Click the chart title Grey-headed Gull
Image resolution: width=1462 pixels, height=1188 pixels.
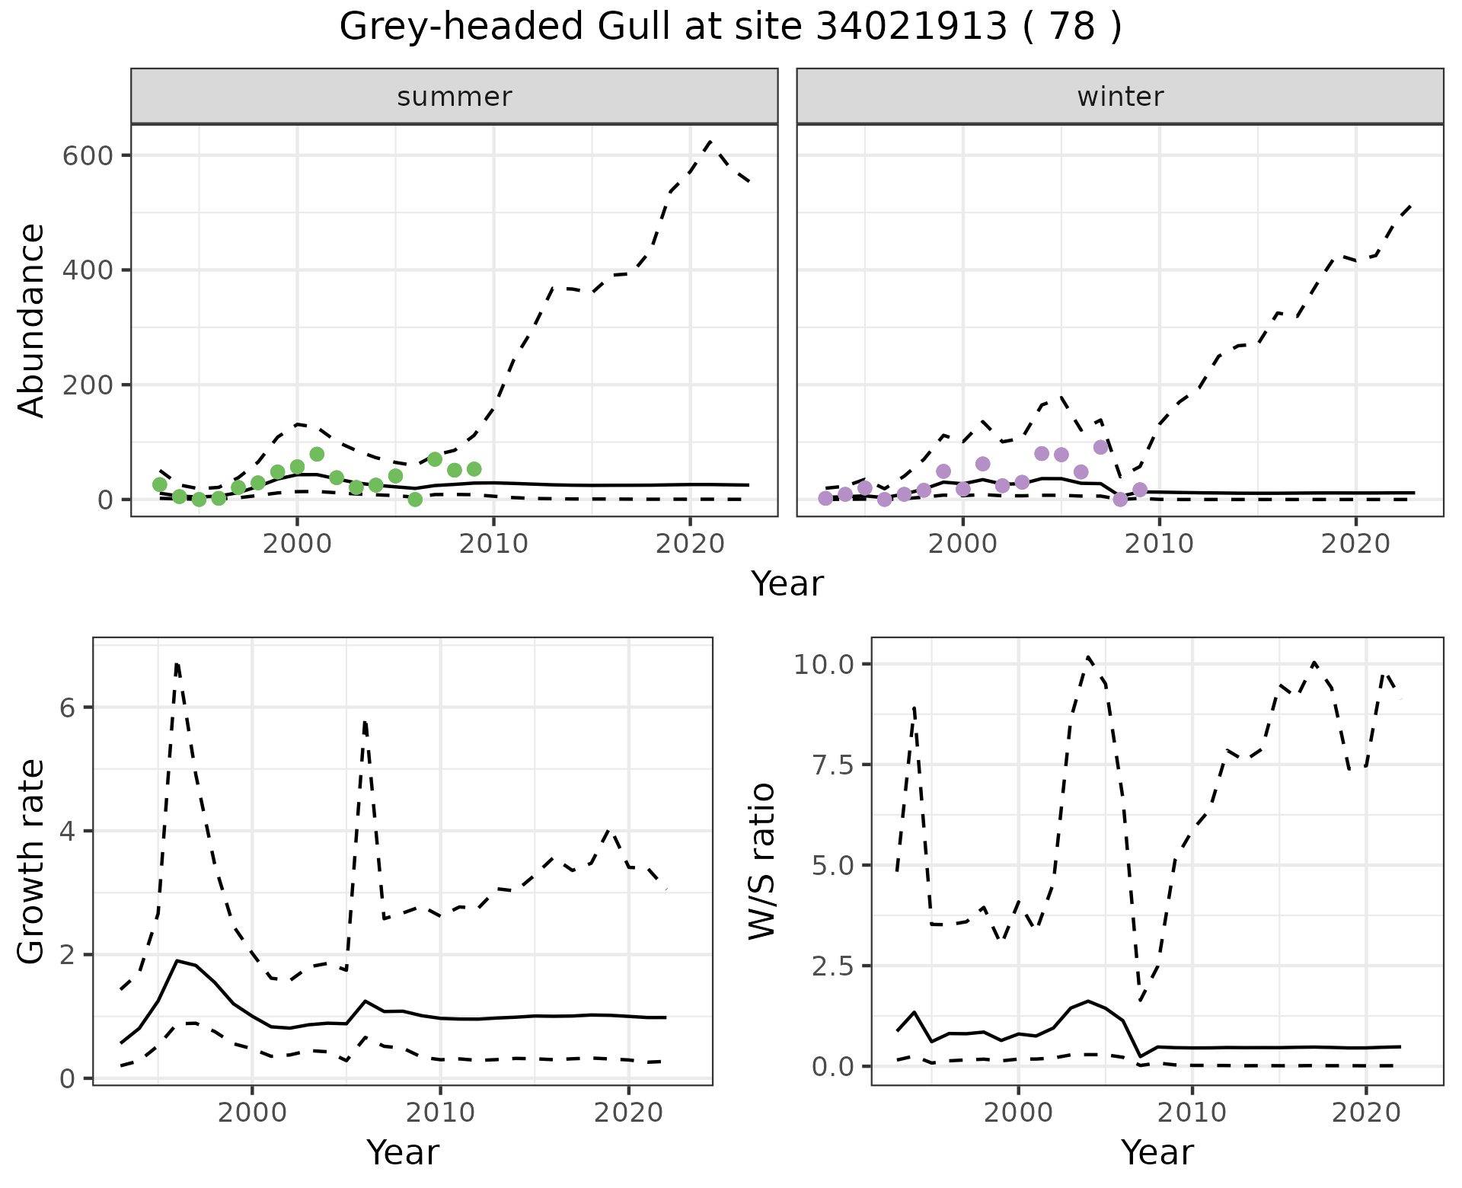pyautogui.click(x=730, y=27)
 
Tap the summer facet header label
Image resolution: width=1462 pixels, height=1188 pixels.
pyautogui.click(x=455, y=97)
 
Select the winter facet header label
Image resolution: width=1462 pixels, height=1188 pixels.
pyautogui.click(x=1120, y=97)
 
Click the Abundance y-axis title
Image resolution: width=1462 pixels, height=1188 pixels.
pyautogui.click(x=32, y=321)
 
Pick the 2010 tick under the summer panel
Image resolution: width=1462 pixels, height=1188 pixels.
pyautogui.click(x=493, y=544)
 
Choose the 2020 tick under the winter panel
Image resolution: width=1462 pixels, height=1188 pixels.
pyautogui.click(x=1355, y=544)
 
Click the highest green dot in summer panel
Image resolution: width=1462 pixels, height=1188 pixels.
pyautogui.click(x=317, y=455)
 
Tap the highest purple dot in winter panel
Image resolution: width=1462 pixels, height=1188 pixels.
pyautogui.click(x=1100, y=447)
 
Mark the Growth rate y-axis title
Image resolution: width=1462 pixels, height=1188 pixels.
pyautogui.click(x=32, y=861)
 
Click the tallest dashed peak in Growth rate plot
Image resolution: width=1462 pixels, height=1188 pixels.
pyautogui.click(x=177, y=663)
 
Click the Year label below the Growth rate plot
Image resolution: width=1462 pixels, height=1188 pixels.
pyautogui.click(x=403, y=1152)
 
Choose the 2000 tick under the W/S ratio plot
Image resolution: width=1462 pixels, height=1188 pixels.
pyautogui.click(x=1018, y=1113)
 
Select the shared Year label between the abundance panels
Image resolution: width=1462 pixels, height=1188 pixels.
pyautogui.click(x=787, y=584)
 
